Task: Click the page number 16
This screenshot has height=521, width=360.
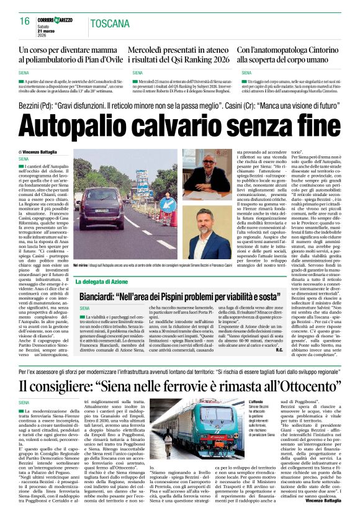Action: (x=25, y=21)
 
